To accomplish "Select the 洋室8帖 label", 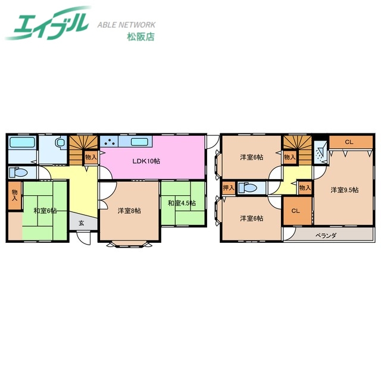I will (129, 210).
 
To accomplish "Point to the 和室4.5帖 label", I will (182, 202).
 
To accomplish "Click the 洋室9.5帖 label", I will (345, 190).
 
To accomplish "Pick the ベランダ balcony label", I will (326, 235).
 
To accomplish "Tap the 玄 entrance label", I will (81, 224).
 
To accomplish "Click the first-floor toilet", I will (18, 173).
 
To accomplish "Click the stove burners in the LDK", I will (111, 142).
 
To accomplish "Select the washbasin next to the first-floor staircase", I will (60, 143).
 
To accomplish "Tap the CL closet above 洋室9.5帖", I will (348, 142).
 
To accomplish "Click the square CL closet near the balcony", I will (296, 211).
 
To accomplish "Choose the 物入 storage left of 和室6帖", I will (15, 197).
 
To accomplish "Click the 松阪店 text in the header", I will (140, 36).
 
